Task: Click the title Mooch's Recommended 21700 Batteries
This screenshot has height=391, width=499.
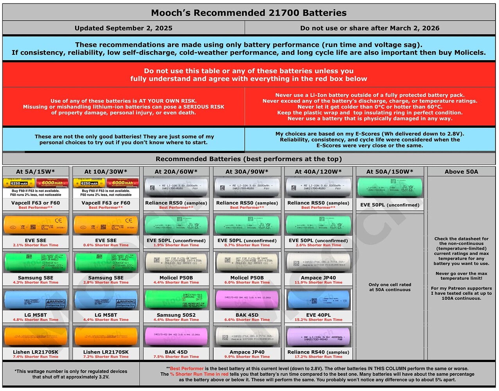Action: (249, 13)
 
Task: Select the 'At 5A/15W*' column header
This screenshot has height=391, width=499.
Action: (36, 172)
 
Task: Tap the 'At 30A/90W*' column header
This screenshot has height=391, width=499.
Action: (247, 172)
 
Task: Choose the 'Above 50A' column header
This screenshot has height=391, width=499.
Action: (461, 172)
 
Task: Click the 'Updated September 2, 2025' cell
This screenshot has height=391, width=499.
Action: (124, 28)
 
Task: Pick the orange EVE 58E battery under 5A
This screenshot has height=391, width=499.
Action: (36, 225)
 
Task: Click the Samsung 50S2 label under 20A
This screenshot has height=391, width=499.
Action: (176, 315)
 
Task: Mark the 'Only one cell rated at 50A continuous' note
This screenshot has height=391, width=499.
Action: (390, 287)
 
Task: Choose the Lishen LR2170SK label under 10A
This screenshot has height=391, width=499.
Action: (106, 352)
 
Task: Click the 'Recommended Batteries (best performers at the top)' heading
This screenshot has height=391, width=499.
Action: (249, 159)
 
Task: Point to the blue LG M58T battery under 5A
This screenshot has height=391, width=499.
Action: (36, 300)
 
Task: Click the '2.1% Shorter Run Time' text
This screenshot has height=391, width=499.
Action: (36, 245)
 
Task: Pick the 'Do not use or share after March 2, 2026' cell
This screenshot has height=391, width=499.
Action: (370, 28)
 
